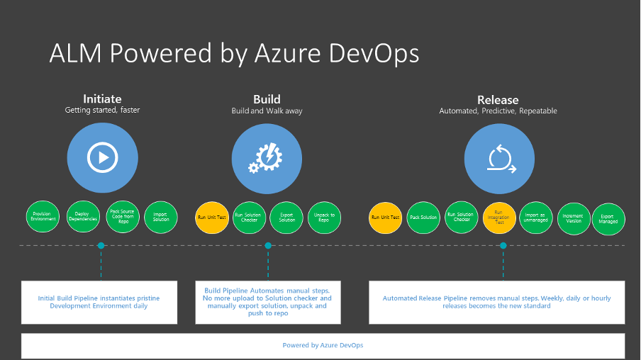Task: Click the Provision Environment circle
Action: pyautogui.click(x=44, y=218)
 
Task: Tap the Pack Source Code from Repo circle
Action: pyautogui.click(x=123, y=218)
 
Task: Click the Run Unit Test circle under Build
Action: pyautogui.click(x=212, y=218)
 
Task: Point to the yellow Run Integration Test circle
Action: pyautogui.click(x=499, y=218)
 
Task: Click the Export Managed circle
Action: pyautogui.click(x=608, y=218)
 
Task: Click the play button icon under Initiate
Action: pyautogui.click(x=102, y=158)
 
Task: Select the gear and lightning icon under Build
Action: pyautogui.click(x=267, y=158)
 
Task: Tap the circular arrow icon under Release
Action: pyautogui.click(x=499, y=158)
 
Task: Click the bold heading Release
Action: pyautogui.click(x=498, y=100)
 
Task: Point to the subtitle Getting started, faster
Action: pyautogui.click(x=102, y=111)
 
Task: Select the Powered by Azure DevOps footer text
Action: pyautogui.click(x=323, y=345)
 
